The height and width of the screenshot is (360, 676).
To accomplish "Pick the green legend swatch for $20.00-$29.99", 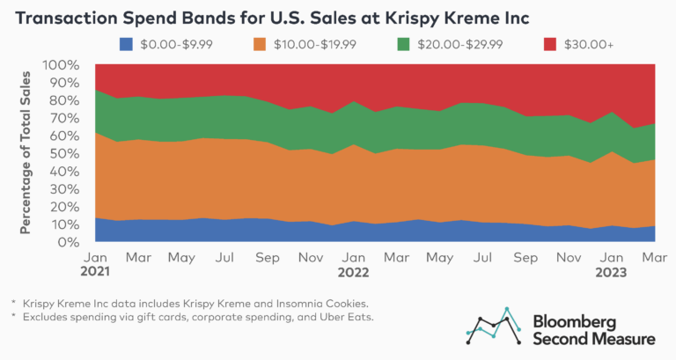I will pyautogui.click(x=404, y=43).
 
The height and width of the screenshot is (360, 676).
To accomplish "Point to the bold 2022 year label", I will pyautogui.click(x=353, y=271).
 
